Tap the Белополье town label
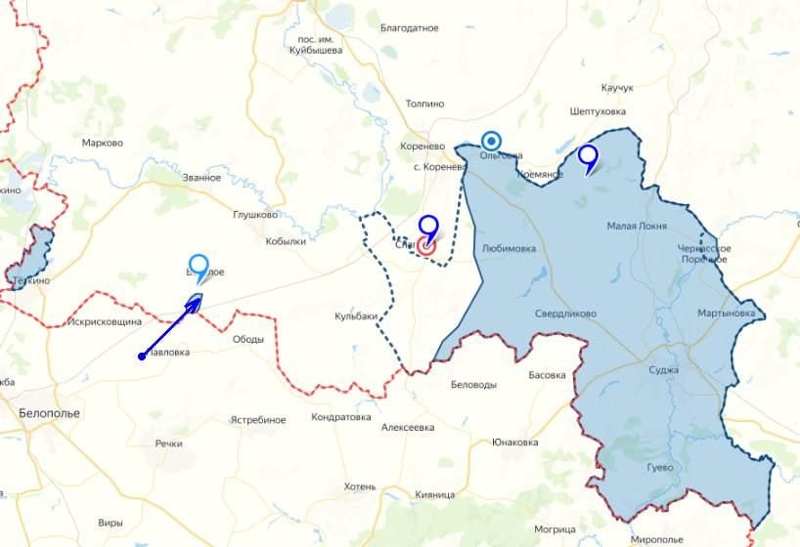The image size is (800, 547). tap(49, 413)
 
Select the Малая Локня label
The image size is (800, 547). tap(637, 227)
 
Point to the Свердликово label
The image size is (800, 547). tap(565, 314)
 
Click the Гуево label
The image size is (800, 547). tap(660, 468)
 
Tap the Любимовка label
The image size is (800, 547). tap(510, 248)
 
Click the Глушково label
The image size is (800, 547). tap(255, 215)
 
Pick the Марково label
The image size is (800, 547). tap(103, 143)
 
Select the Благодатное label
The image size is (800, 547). tap(409, 28)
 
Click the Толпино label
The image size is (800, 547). tap(424, 104)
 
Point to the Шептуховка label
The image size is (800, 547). tap(597, 111)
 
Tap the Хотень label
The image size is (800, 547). tap(360, 485)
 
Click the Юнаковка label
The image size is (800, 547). tap(516, 442)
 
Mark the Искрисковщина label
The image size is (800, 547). tap(105, 321)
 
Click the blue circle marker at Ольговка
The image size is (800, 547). tap(491, 141)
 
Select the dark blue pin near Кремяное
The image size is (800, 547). tap(588, 156)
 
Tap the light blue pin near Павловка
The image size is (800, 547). tap(199, 266)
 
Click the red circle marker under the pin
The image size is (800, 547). tap(426, 246)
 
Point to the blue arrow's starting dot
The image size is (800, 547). tap(142, 356)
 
